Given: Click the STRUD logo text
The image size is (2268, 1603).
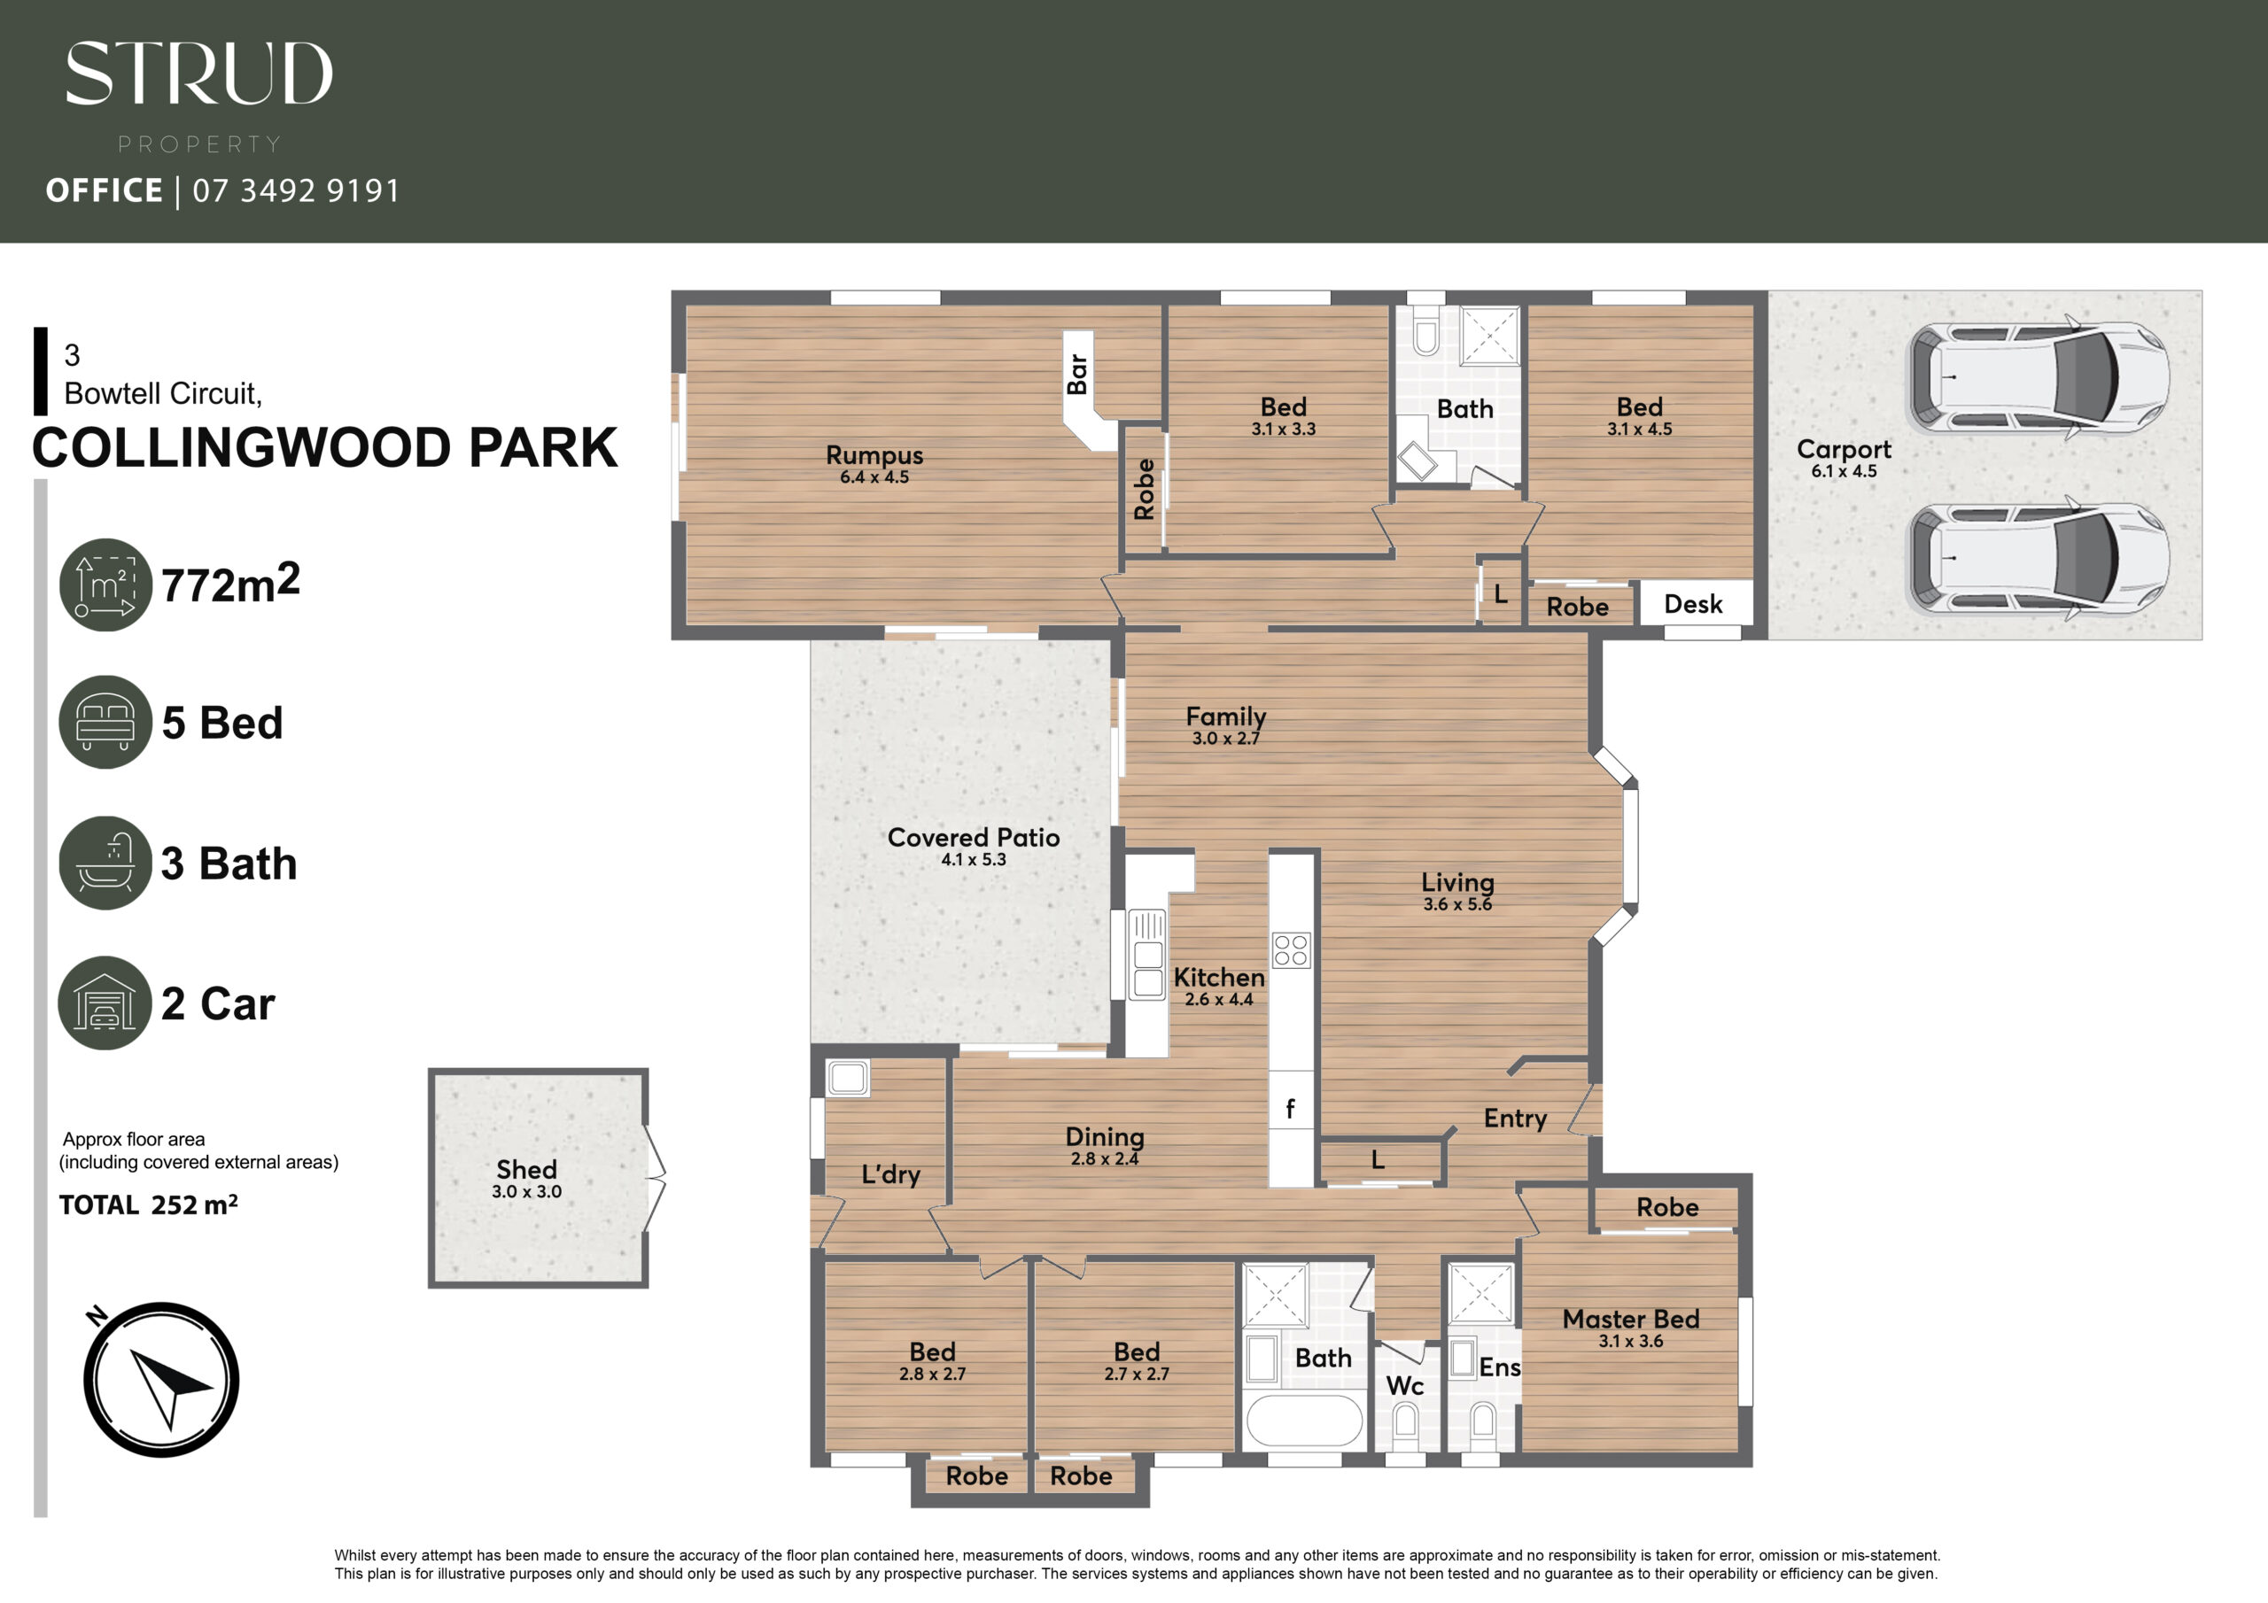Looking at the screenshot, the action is (198, 74).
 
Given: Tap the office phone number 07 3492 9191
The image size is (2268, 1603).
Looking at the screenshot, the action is (296, 190).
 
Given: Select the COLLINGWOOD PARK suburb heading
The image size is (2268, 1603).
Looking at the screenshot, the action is (325, 447).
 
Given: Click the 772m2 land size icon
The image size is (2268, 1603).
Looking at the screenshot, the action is (105, 585).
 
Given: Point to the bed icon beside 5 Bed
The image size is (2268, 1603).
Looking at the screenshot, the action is (105, 722).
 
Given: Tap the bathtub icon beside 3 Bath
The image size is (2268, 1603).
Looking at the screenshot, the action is (105, 863).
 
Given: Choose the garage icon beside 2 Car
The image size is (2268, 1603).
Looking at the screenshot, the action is (105, 1003).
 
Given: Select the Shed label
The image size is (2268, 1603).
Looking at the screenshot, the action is (526, 1169).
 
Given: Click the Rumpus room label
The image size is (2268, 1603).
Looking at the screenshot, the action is (874, 455).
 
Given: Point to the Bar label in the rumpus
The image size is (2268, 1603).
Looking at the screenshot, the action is (1077, 375).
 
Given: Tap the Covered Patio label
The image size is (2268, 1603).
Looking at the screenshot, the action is (973, 838).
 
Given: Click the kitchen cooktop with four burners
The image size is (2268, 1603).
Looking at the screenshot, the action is (1291, 950).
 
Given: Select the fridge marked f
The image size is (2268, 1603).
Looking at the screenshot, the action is (1291, 1109).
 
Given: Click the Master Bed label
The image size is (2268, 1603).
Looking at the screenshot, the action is (1631, 1319).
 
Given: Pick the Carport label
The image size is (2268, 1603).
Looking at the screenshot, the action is (1844, 449).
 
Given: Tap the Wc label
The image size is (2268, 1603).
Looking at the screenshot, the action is (1405, 1386).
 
